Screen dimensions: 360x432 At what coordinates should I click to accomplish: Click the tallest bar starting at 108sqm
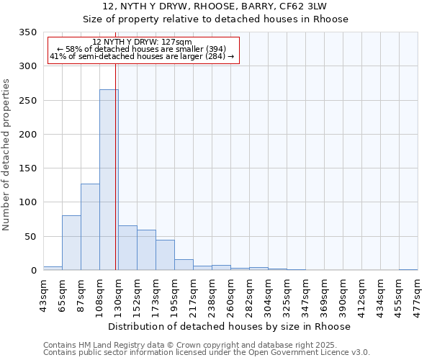coord(109,180)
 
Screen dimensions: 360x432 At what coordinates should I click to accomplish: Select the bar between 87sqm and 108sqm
coord(90,227)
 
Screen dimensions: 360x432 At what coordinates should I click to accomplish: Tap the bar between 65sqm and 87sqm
coord(71,243)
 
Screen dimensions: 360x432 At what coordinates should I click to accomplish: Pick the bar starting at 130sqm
coord(127,248)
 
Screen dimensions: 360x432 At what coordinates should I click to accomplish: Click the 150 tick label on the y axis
coord(27,168)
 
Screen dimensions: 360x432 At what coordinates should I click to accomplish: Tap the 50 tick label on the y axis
coord(30,236)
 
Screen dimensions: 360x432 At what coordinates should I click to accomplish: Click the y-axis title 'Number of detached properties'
coord(7,156)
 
